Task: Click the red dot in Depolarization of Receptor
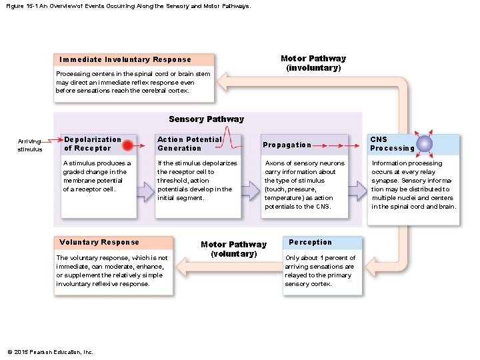coord(127,145)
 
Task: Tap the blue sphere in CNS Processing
coord(424,143)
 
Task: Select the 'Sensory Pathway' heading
coord(206,119)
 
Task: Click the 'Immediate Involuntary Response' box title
coord(125,59)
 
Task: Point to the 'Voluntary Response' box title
coord(99,242)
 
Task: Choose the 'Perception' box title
coord(310,242)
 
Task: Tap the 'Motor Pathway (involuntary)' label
coord(313,63)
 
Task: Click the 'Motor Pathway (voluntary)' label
coord(234,249)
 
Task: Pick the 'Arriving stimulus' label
coord(30,145)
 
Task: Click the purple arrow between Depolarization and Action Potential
coord(145,192)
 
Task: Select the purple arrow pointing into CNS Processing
coord(357,191)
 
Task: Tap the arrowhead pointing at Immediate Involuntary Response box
coord(222,82)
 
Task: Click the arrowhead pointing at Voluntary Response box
coord(181,267)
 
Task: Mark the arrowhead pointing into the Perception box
coord(371,267)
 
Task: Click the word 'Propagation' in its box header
coord(287,145)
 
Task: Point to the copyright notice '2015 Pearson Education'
coord(50,352)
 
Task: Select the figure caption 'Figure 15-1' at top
coord(22,6)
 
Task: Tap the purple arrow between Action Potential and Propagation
coord(251,191)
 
